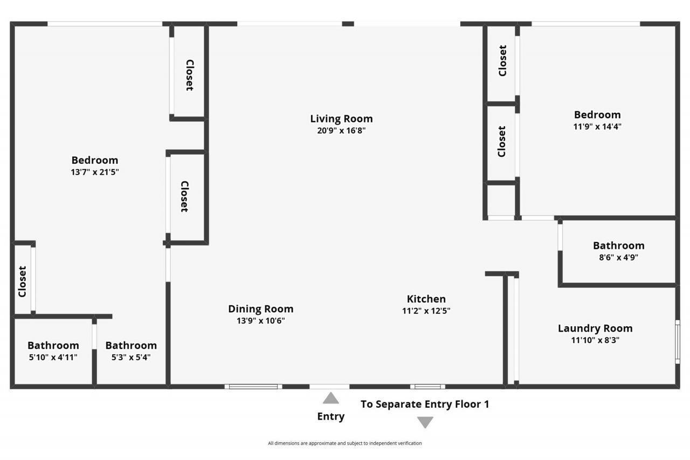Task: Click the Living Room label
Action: tap(341, 119)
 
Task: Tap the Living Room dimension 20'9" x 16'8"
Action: tap(341, 131)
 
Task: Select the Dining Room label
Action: tap(260, 309)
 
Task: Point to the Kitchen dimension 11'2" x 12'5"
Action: tap(426, 311)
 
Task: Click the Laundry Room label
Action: tap(595, 328)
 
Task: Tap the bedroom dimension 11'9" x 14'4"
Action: tap(597, 127)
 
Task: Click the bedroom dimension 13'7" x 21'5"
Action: tap(95, 172)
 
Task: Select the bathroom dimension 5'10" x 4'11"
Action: tap(53, 357)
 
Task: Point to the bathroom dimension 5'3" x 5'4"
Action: tap(131, 357)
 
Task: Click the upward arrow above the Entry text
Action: tap(330, 398)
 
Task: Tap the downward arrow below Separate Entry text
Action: tap(425, 422)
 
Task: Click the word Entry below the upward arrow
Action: tap(330, 416)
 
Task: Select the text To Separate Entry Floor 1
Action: tap(425, 404)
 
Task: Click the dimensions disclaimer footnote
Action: tap(345, 443)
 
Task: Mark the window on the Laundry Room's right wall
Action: tap(678, 342)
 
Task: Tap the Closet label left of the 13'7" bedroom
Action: tap(22, 282)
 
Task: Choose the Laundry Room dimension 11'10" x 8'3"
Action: tap(595, 340)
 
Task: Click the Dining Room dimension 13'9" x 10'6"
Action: tap(260, 321)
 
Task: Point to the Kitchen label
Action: tap(426, 299)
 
